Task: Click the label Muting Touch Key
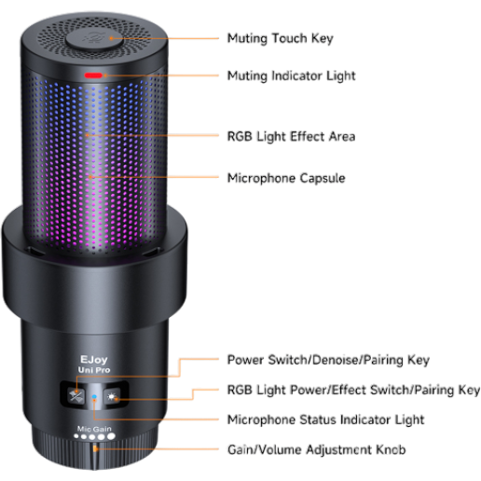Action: tap(280, 38)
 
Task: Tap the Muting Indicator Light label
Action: tap(291, 76)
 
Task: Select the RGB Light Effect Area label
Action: tap(291, 136)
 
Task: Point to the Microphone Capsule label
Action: tap(286, 178)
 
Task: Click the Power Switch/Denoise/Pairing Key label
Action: tap(328, 360)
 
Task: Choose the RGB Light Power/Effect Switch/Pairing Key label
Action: tap(353, 390)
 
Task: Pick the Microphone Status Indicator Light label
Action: tap(325, 419)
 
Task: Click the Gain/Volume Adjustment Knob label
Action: tap(317, 449)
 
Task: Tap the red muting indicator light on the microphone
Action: tap(93, 76)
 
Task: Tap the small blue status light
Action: tap(94, 397)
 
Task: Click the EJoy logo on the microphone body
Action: tap(94, 360)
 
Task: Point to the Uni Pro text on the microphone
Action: tap(94, 370)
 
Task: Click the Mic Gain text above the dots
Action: tap(94, 429)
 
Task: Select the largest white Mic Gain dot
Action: tap(111, 436)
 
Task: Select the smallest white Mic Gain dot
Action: tap(76, 436)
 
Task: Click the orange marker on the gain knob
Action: tap(95, 448)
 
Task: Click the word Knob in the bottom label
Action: tap(391, 449)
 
